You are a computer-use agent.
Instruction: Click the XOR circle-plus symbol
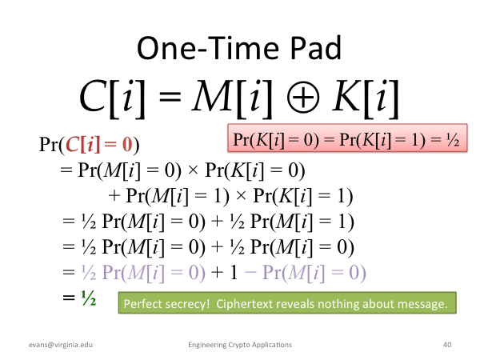click(303, 97)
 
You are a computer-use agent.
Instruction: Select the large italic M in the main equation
click(212, 96)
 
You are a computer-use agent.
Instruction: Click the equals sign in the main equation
click(170, 97)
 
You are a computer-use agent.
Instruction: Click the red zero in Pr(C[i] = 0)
click(127, 144)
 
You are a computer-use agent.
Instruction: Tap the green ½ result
click(89, 298)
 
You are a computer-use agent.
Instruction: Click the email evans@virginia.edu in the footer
click(61, 345)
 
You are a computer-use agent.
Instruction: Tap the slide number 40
click(447, 345)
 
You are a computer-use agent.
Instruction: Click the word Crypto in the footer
click(240, 345)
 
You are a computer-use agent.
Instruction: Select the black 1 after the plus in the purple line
click(234, 272)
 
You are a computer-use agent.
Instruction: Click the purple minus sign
click(250, 273)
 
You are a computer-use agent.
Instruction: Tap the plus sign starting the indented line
click(114, 196)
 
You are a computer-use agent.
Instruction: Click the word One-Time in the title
click(208, 48)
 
